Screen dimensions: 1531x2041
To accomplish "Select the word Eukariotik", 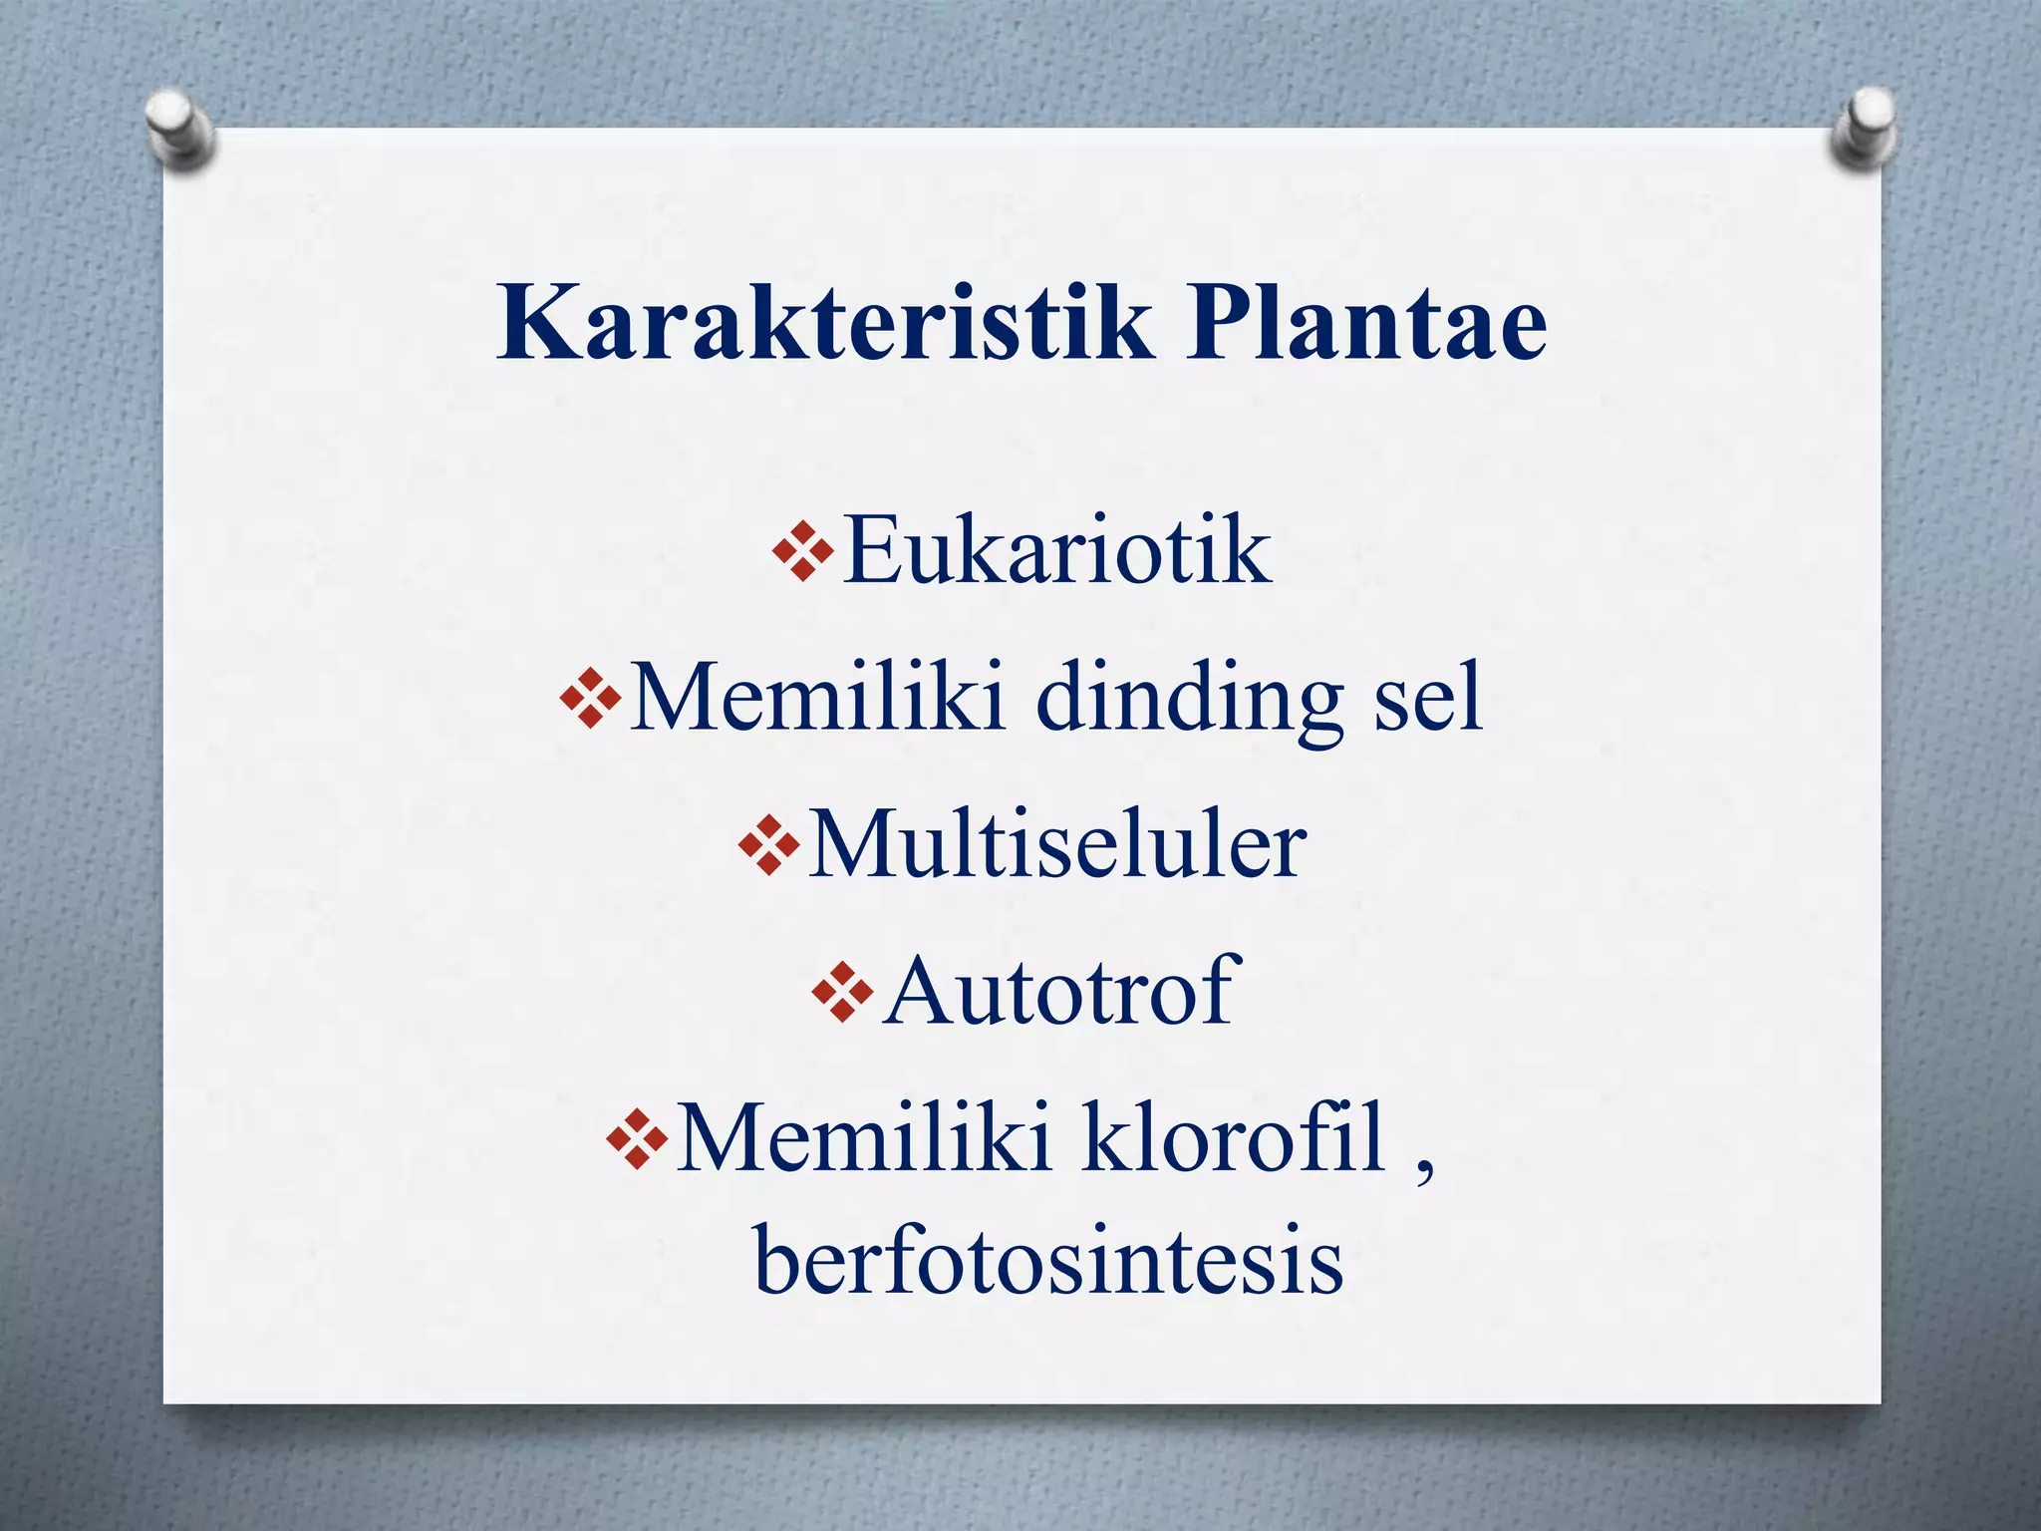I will pos(1056,550).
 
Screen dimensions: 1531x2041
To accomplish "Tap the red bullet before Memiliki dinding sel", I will pos(591,698).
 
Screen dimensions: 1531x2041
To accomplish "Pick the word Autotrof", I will pos(1060,991).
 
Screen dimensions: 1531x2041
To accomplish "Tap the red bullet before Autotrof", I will pos(843,992).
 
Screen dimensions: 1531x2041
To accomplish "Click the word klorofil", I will pos(1234,1138).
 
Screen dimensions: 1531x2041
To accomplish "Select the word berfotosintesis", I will pos(1048,1262).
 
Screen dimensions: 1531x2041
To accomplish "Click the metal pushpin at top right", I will pos(1863,128).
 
